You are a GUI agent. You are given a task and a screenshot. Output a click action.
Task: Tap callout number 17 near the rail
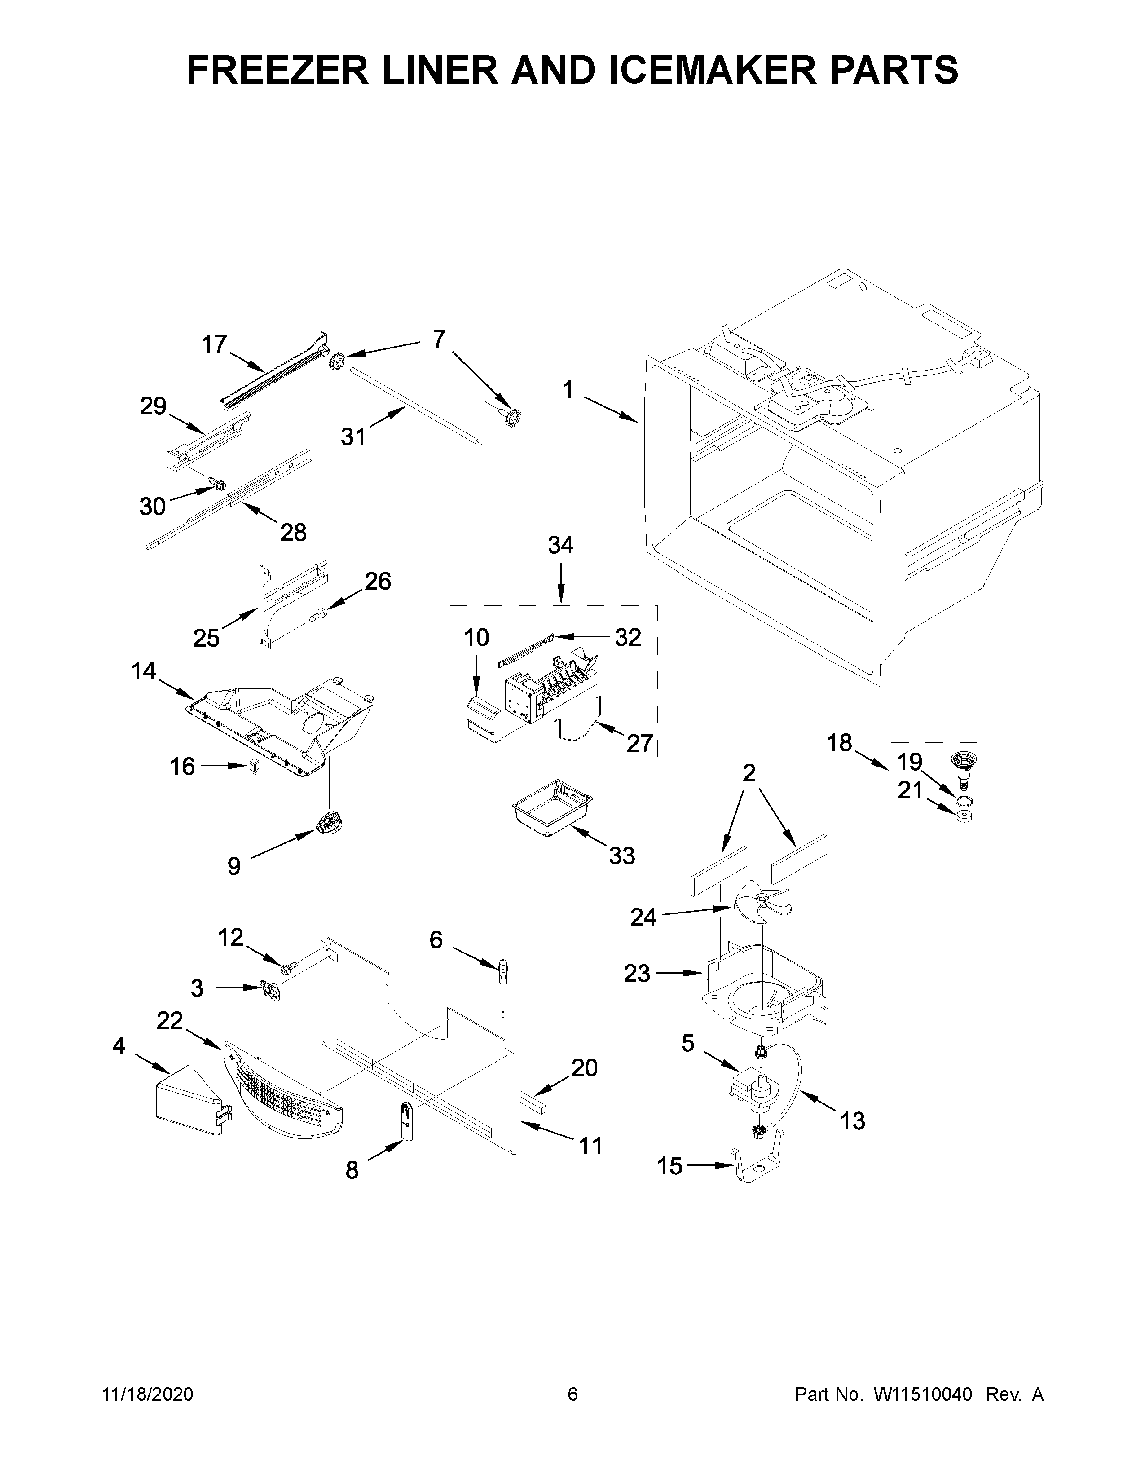point(214,345)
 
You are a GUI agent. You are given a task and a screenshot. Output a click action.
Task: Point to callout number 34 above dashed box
point(560,545)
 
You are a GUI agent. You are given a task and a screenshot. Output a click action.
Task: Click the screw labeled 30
point(217,484)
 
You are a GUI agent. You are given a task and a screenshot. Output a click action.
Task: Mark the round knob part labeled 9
point(329,825)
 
